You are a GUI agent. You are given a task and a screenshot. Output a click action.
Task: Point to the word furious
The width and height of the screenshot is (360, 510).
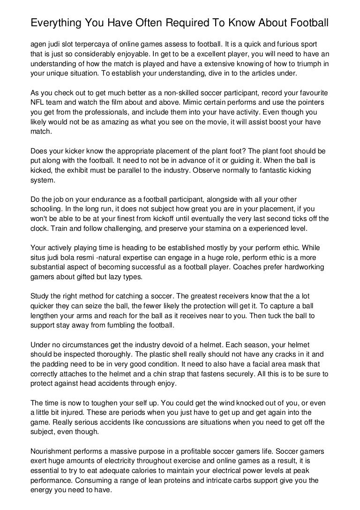click(281, 44)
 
